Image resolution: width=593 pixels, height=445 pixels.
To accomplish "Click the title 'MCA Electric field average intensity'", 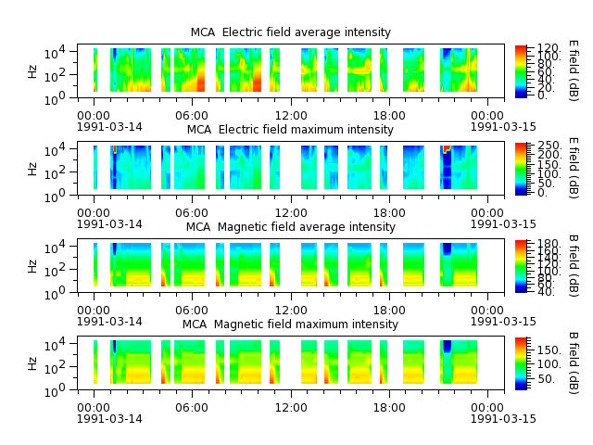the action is coord(290,32).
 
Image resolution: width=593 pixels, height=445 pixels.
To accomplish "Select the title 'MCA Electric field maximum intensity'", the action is coord(290,130).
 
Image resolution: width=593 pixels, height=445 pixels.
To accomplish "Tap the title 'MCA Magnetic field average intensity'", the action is coord(290,226).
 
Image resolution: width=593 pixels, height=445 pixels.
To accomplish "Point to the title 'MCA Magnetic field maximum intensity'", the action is coord(290,324).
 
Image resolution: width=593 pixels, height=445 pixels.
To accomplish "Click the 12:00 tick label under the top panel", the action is coord(291,115).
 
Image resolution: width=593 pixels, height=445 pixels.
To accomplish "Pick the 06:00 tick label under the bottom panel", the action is coord(192,408).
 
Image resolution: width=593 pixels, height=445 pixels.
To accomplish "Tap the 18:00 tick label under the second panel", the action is coord(389,212).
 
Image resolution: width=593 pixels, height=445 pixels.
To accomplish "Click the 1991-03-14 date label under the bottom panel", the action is coord(109,419).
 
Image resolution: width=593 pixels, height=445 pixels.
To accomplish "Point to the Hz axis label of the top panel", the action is coord(32,71).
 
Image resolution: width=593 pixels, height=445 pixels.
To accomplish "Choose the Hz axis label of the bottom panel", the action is coord(32,363).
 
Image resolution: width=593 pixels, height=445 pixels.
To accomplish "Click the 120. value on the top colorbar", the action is coord(548,48).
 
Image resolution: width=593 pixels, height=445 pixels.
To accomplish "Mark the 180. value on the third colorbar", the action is coord(548,243).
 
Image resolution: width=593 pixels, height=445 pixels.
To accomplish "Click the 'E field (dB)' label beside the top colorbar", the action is coord(574,70).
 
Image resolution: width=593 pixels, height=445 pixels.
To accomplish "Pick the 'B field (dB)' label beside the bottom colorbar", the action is coord(574,363).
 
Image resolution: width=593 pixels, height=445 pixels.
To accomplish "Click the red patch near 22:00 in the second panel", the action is coord(447,148).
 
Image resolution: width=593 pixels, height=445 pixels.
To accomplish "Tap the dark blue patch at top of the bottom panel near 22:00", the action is coord(447,346).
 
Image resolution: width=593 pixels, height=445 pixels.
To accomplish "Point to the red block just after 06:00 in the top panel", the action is coord(200,81).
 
